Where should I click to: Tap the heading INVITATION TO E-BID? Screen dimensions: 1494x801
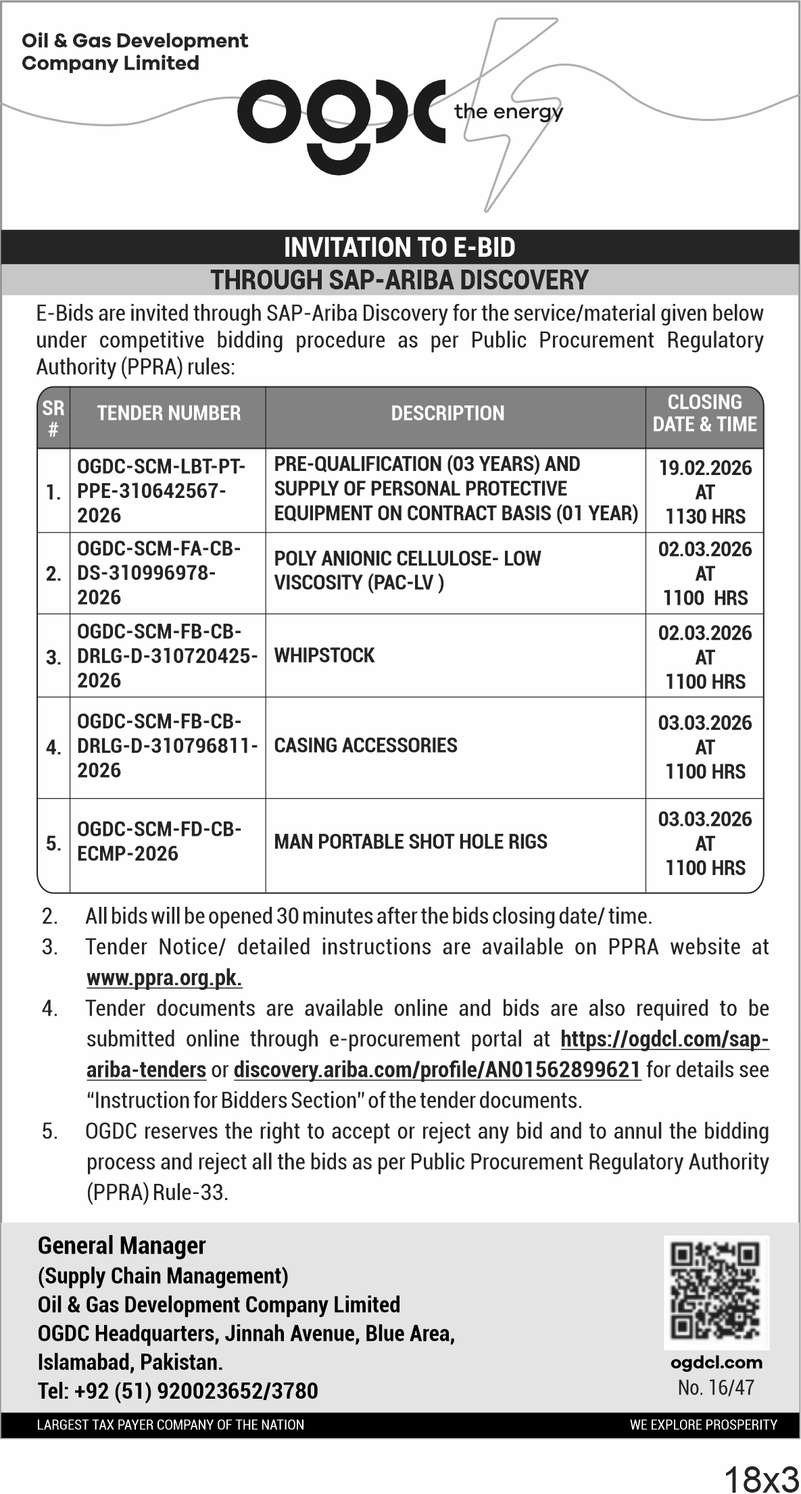(x=399, y=247)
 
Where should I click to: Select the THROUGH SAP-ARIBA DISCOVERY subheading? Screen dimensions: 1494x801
(x=399, y=280)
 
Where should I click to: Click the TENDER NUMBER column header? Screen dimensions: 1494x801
(x=168, y=414)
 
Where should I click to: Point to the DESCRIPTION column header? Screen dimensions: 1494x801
(x=447, y=414)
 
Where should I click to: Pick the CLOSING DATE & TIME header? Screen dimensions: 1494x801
(x=704, y=414)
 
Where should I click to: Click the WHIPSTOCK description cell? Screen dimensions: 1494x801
(x=324, y=655)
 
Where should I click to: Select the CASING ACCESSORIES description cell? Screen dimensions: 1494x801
(x=366, y=745)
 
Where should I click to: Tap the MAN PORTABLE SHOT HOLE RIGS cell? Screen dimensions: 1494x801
(x=410, y=842)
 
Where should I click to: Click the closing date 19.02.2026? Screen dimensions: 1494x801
(x=705, y=468)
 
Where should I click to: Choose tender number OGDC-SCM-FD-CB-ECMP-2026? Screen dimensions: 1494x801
(x=159, y=841)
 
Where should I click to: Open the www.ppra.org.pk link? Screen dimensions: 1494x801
(x=164, y=978)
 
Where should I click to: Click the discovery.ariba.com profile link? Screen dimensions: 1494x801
(x=437, y=1070)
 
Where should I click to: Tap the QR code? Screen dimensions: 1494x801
(x=715, y=1293)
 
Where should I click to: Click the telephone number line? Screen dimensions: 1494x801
(x=178, y=1391)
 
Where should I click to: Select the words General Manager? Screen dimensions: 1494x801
(x=122, y=1245)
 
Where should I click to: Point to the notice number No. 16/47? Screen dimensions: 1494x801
(x=715, y=1388)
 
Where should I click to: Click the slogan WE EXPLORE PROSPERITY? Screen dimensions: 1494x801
(x=703, y=1424)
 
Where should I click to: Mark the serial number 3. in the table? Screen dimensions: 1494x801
(x=53, y=657)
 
